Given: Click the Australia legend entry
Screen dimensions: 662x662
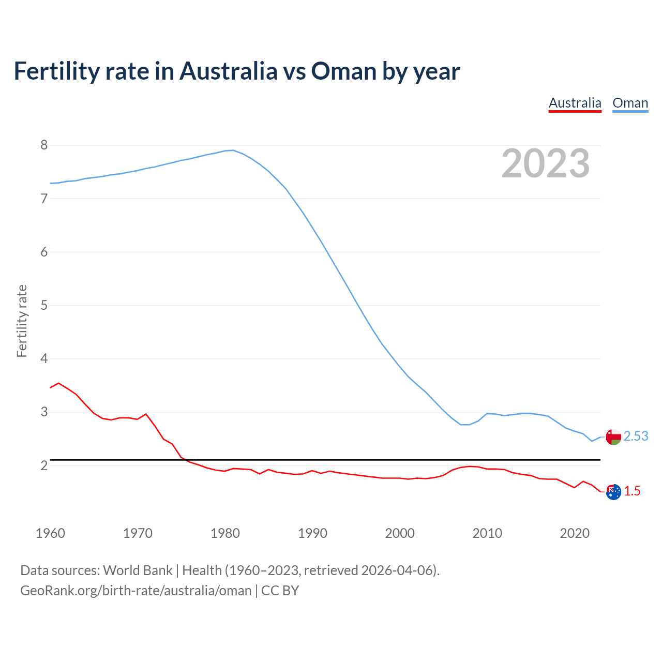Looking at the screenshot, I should [x=575, y=103].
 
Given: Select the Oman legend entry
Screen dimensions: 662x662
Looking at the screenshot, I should [x=630, y=103].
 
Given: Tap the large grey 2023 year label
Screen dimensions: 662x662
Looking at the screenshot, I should [x=546, y=163].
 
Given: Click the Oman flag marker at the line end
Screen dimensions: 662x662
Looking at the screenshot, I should [x=613, y=437].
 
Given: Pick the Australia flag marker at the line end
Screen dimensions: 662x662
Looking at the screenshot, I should [x=613, y=492].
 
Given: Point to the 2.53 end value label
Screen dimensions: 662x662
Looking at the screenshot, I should [x=636, y=437].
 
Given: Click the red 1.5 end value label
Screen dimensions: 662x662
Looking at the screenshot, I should [x=632, y=491].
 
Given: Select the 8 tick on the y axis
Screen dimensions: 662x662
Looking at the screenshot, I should [x=44, y=145].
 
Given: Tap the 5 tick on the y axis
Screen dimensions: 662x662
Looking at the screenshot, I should [x=44, y=305].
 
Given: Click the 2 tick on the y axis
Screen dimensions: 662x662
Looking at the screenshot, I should [x=44, y=465].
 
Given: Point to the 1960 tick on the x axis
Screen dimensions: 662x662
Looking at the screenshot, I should [x=50, y=533].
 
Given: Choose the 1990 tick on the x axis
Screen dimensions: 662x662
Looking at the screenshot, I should [x=312, y=533].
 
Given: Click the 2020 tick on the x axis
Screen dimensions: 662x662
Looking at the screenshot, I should [x=575, y=533].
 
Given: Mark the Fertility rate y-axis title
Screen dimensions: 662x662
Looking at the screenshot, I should [x=22, y=321].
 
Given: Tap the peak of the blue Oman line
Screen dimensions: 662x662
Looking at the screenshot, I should [x=233, y=151].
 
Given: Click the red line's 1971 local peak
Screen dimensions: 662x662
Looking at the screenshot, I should [x=146, y=414].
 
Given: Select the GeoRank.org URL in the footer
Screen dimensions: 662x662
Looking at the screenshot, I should [x=136, y=591].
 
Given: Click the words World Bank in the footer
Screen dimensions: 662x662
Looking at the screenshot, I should [x=138, y=570].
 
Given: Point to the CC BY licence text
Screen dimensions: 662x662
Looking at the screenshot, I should [x=280, y=591].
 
